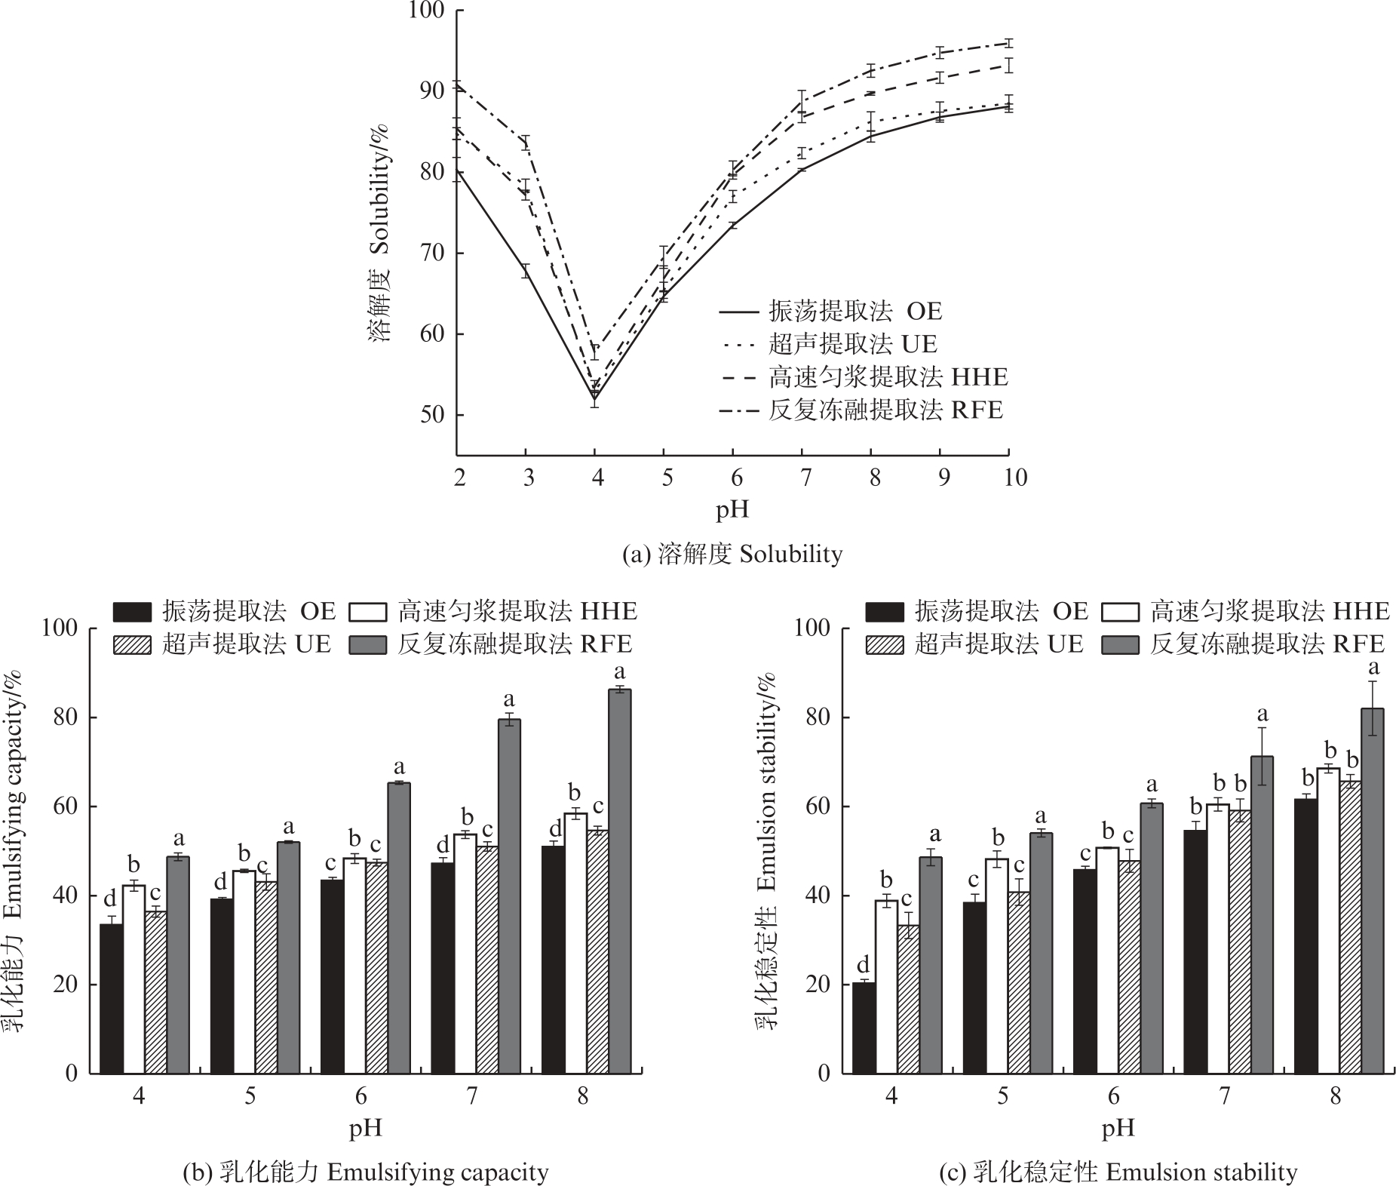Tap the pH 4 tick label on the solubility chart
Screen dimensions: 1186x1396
tap(597, 478)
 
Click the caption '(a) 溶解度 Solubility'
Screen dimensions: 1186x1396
tap(732, 555)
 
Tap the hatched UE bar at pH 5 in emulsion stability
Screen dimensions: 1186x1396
tap(1019, 982)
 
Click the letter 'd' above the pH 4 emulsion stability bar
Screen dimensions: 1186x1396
tap(863, 964)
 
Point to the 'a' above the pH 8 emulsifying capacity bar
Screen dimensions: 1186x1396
tap(620, 671)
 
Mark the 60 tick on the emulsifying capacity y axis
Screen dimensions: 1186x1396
tap(67, 807)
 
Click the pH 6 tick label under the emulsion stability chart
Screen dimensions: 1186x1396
tap(1114, 1095)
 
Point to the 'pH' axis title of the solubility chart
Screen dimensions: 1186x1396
tap(732, 511)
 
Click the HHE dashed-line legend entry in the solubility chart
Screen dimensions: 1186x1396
tap(888, 376)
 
